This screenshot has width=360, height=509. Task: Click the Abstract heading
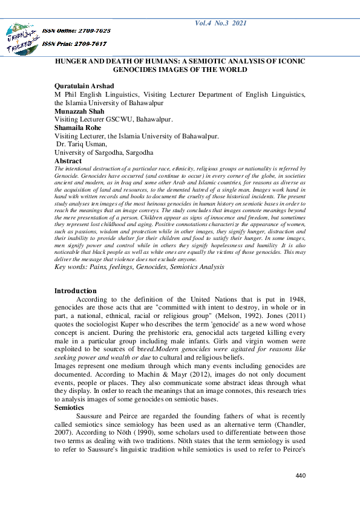pyautogui.click(x=68, y=161)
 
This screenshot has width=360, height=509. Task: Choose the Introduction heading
pyautogui.click(x=75, y=291)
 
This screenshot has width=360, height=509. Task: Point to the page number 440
pyautogui.click(x=300, y=476)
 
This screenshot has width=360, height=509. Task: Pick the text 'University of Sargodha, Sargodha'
pyautogui.click(x=103, y=153)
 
